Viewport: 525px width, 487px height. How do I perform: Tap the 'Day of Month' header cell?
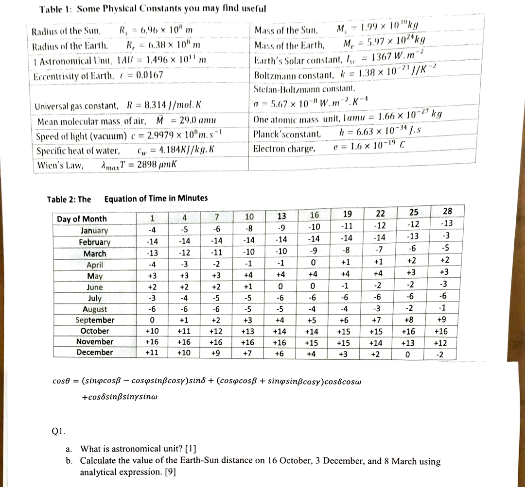pyautogui.click(x=82, y=218)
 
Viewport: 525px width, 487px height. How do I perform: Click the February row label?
pyautogui.click(x=95, y=242)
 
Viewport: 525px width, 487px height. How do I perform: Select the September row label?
pyautogui.click(x=95, y=320)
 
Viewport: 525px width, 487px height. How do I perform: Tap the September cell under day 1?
pyautogui.click(x=153, y=321)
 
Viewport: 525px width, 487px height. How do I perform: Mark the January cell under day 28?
pyautogui.click(x=446, y=223)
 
